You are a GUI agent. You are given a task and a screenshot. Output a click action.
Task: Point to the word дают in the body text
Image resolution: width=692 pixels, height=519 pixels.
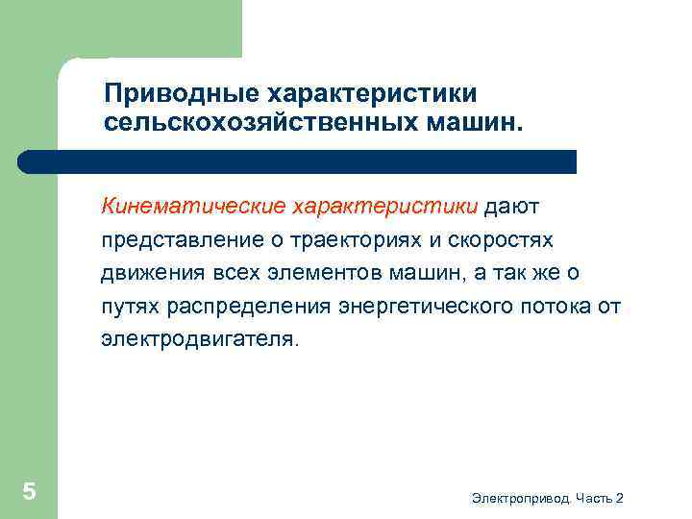click(x=519, y=205)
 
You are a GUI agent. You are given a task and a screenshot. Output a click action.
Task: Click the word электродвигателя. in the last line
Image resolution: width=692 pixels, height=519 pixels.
click(x=200, y=339)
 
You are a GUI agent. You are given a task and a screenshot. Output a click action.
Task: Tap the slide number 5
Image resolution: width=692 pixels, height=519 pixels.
click(x=30, y=492)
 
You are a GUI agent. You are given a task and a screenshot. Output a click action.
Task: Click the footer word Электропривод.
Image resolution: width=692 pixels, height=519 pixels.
click(x=522, y=498)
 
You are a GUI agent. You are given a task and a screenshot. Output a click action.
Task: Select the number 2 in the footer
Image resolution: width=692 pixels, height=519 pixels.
click(x=619, y=498)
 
